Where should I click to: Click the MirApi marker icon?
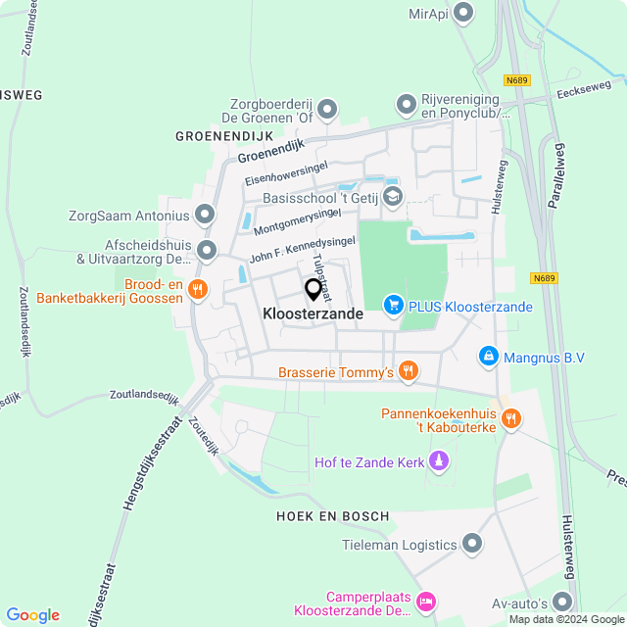click(x=464, y=13)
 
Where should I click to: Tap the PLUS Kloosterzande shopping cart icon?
click(x=393, y=306)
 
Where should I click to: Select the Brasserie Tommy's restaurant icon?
click(x=409, y=370)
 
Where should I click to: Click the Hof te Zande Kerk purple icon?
click(x=439, y=460)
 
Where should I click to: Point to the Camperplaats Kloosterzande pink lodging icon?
click(x=425, y=601)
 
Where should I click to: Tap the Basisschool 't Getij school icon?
click(x=392, y=197)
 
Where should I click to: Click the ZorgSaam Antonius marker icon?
click(x=205, y=214)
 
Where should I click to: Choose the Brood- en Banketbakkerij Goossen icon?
click(x=198, y=289)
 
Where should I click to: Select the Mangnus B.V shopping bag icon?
click(x=488, y=357)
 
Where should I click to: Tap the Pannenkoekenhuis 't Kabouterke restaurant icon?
click(x=510, y=419)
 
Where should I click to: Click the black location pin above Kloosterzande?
click(x=313, y=290)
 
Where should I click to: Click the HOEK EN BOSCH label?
click(x=332, y=515)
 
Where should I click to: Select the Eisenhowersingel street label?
click(x=286, y=173)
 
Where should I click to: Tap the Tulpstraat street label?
click(x=321, y=276)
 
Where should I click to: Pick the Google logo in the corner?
click(x=32, y=614)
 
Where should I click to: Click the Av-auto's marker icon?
click(x=562, y=601)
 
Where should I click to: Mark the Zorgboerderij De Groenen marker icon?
click(x=327, y=109)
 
